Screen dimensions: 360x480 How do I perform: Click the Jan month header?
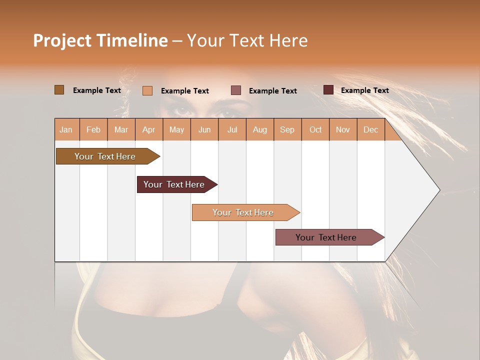[66, 129]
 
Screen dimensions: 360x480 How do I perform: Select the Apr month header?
[148, 129]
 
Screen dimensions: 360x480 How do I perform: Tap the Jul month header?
[232, 129]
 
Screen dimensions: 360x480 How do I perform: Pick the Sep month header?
[287, 129]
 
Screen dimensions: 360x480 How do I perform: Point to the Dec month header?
[370, 129]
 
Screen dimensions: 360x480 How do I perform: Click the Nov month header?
[342, 129]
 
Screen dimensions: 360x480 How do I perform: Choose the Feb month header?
[93, 129]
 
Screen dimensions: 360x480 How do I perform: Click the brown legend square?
[59, 90]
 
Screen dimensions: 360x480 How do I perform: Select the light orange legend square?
[147, 90]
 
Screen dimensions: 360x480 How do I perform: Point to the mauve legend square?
[236, 90]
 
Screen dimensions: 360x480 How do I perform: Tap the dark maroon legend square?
[328, 90]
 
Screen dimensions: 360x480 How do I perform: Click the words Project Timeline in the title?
[100, 40]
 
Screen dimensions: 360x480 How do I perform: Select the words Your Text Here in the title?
[247, 40]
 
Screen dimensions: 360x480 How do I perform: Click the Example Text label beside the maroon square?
[364, 90]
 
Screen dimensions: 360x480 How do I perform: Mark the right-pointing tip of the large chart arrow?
[438, 190]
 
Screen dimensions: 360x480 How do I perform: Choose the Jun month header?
[204, 129]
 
